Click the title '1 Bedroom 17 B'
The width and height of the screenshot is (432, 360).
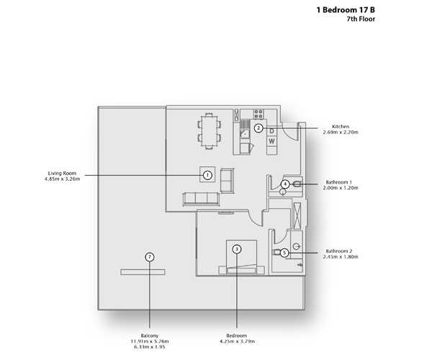pyautogui.click(x=346, y=10)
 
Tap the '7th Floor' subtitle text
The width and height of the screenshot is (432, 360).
pyautogui.click(x=360, y=19)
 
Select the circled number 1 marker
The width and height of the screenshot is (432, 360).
pyautogui.click(x=207, y=174)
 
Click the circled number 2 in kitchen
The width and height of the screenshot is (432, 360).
pyautogui.click(x=258, y=128)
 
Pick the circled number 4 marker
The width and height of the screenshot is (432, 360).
pyautogui.click(x=285, y=184)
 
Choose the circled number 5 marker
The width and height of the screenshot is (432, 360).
pyautogui.click(x=285, y=253)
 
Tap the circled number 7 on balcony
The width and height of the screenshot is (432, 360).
pyautogui.click(x=149, y=256)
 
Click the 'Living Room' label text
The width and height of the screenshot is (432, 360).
pyautogui.click(x=62, y=174)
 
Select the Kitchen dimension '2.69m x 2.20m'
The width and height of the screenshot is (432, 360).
pyautogui.click(x=341, y=133)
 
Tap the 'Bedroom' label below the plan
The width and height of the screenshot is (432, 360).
pyautogui.click(x=237, y=335)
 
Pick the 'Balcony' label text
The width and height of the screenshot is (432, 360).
pyautogui.click(x=149, y=335)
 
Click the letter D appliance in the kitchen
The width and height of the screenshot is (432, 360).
pyautogui.click(x=271, y=131)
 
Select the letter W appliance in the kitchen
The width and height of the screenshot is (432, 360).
pyautogui.click(x=271, y=141)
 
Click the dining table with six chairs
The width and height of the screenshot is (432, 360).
pyautogui.click(x=209, y=130)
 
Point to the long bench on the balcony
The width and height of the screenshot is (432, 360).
pyautogui.click(x=143, y=271)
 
